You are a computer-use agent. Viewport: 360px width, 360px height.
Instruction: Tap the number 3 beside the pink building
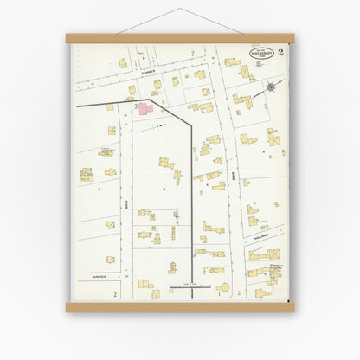click(x=137, y=106)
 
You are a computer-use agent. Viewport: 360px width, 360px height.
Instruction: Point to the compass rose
click(x=272, y=87)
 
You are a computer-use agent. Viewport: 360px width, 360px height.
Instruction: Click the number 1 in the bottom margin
click(x=218, y=294)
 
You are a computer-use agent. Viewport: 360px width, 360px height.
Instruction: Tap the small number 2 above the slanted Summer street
click(x=192, y=54)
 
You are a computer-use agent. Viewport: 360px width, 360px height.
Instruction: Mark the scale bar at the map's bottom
click(x=189, y=286)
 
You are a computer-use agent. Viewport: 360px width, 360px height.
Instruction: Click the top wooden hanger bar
click(x=180, y=38)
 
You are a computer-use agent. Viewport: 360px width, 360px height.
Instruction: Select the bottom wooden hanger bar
click(x=180, y=306)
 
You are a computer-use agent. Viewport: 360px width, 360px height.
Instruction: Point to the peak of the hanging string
click(x=180, y=10)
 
